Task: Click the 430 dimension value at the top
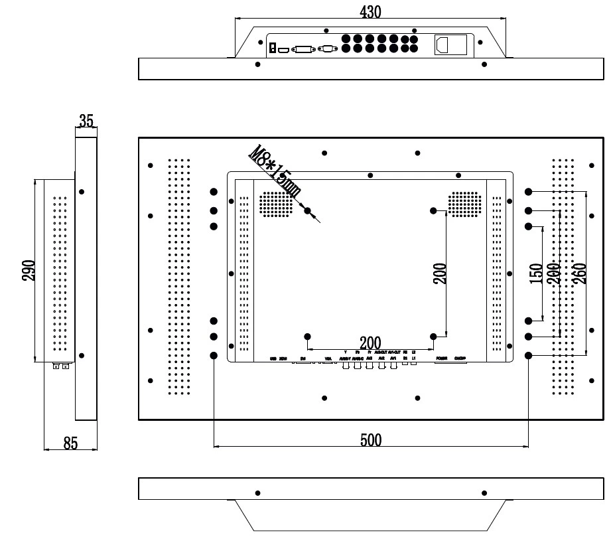point(370,11)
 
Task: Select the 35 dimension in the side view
point(86,121)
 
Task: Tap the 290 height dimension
point(28,270)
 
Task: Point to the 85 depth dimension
point(70,443)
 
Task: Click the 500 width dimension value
point(370,439)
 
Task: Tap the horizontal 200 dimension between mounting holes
point(370,343)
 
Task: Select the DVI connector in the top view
point(304,48)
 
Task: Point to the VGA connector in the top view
point(326,48)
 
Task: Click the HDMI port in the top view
point(284,49)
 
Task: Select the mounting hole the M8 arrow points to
point(307,211)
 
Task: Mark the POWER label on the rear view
point(441,358)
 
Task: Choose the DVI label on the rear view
point(303,358)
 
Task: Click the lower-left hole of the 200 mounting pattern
point(307,337)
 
